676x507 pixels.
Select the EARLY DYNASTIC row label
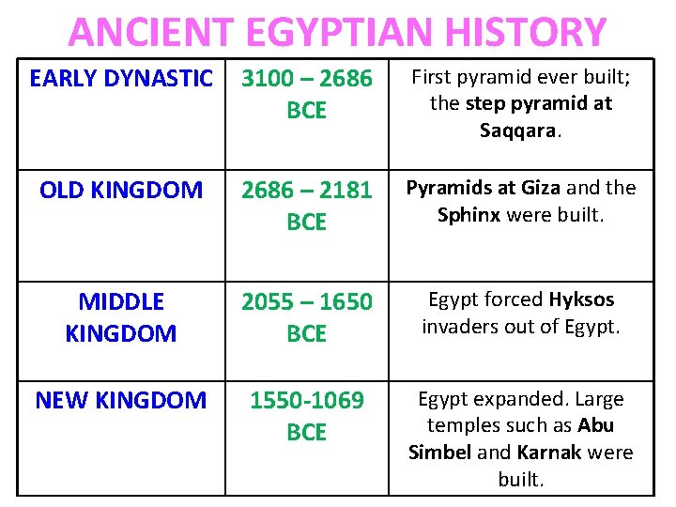click(x=121, y=79)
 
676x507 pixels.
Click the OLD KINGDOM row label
click(x=121, y=191)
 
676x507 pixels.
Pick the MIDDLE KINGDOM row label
click(x=121, y=317)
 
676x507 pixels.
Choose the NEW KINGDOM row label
click(x=121, y=401)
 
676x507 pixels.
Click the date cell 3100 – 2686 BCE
click(x=307, y=95)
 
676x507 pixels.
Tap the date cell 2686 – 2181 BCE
click(x=307, y=207)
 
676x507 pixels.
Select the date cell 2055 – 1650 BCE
click(x=307, y=317)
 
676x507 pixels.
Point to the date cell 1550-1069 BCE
click(x=307, y=416)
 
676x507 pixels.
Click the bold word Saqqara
click(x=519, y=130)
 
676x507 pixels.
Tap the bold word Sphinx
click(x=469, y=215)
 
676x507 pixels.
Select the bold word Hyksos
click(x=581, y=300)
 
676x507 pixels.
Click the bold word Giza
click(x=538, y=188)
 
